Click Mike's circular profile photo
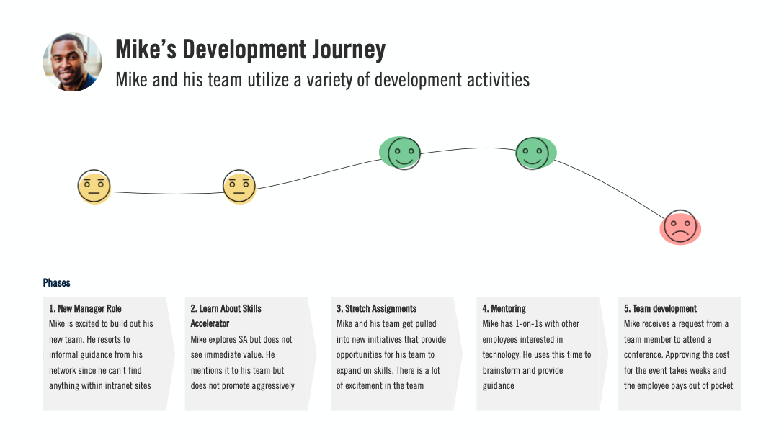72,62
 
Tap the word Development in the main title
243,50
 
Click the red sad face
680,227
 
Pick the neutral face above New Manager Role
94,187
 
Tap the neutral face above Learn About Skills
239,187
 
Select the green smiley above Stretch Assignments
403,153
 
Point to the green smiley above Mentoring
533,153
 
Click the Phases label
57,283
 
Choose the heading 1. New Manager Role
85,308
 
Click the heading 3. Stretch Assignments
376,308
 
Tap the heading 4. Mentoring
504,308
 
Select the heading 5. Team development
660,308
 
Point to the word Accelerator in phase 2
210,324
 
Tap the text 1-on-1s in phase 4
535,324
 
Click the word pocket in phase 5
720,386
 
